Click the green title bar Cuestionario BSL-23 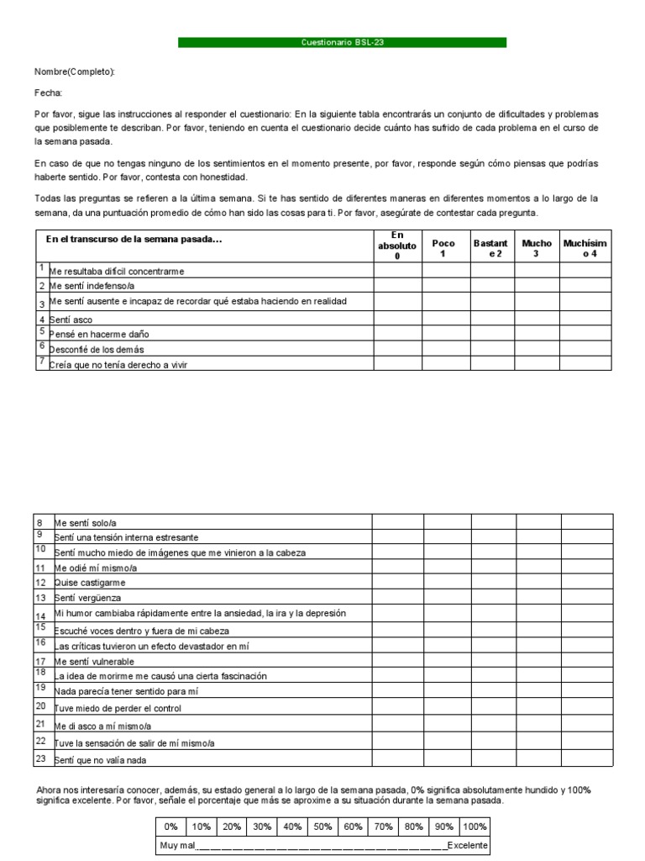pyautogui.click(x=342, y=42)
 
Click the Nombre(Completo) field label pyautogui.click(x=75, y=72)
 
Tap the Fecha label pyautogui.click(x=48, y=93)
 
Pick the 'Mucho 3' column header pyautogui.click(x=537, y=248)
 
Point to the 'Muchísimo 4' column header pyautogui.click(x=585, y=248)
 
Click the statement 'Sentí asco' pyautogui.click(x=71, y=320)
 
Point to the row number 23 pyautogui.click(x=40, y=758)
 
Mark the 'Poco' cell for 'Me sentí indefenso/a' pyautogui.click(x=446, y=286)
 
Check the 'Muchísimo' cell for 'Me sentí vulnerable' pyautogui.click(x=586, y=661)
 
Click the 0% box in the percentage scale pyautogui.click(x=170, y=827)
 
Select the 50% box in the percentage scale pyautogui.click(x=322, y=827)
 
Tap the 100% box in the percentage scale pyautogui.click(x=475, y=827)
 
